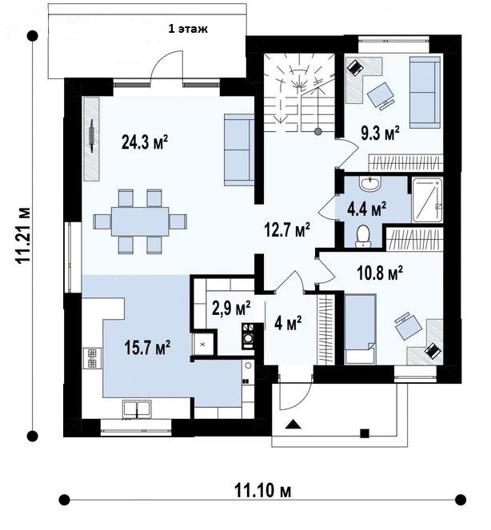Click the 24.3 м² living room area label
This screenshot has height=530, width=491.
point(145,142)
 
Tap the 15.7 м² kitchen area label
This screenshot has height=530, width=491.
point(147,347)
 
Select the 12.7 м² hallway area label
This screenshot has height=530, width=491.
point(287,230)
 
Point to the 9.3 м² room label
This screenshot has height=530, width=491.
point(380,133)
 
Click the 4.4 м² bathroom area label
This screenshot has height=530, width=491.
point(367,209)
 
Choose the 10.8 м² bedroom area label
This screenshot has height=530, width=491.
point(380,273)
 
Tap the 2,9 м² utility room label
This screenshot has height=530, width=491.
point(231,308)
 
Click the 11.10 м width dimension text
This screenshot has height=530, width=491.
point(262,491)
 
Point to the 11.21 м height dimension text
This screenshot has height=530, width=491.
point(23,235)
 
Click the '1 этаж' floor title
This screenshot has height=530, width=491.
point(188,29)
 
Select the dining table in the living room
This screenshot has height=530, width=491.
point(140,221)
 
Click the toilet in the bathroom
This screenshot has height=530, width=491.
point(363,236)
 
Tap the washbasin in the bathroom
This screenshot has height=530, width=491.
point(370,184)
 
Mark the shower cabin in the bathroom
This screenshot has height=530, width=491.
point(427,200)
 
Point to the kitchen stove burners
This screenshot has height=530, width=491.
point(92,358)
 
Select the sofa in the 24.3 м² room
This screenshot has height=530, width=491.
point(239,150)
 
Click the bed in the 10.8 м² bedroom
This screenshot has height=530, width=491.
point(360,329)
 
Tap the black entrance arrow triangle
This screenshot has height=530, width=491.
point(293,424)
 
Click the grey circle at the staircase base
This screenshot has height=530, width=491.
point(317,132)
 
